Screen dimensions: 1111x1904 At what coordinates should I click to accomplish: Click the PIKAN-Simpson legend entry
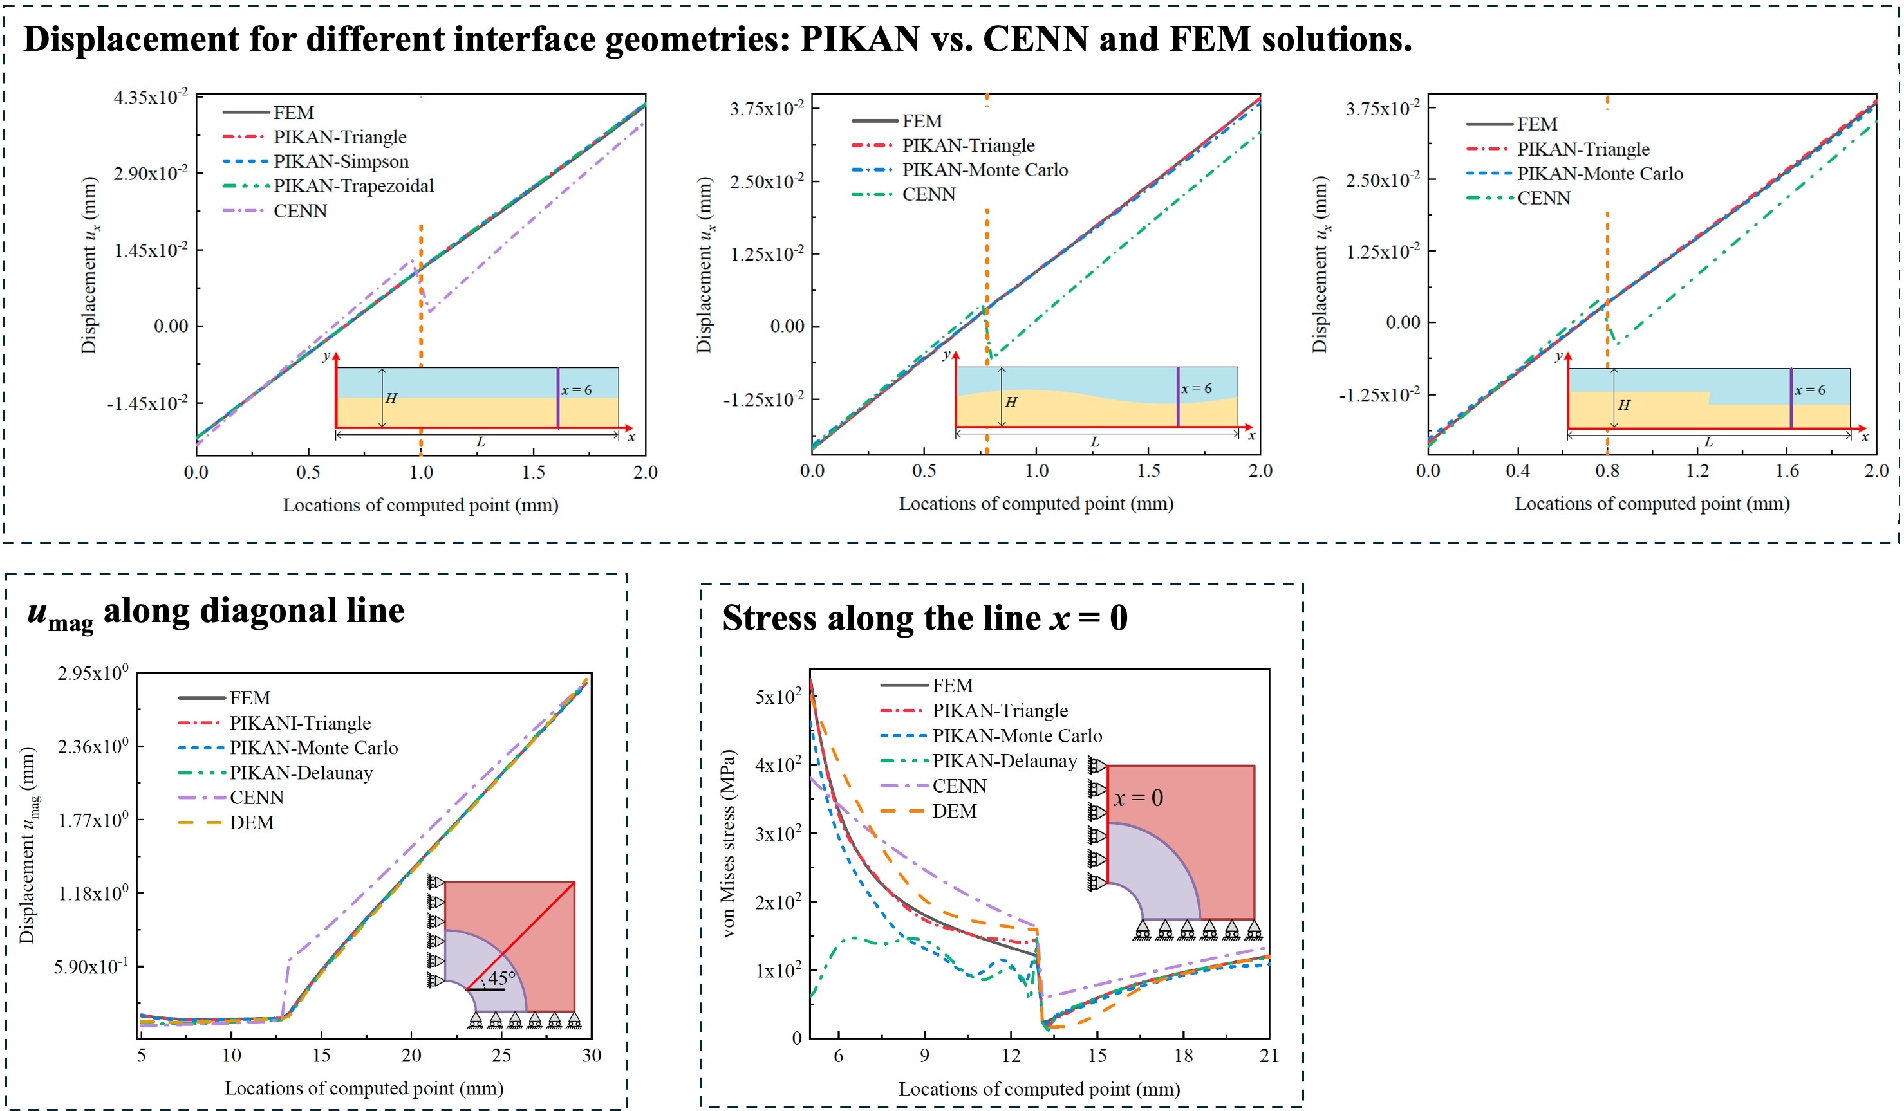(341, 161)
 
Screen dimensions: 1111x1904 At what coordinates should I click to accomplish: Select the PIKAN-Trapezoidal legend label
(353, 186)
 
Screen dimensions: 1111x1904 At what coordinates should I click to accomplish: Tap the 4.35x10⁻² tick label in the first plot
(151, 97)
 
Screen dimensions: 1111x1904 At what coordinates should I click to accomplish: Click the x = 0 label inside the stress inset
(1138, 798)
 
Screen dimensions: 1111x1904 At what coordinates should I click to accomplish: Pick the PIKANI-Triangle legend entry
(300, 724)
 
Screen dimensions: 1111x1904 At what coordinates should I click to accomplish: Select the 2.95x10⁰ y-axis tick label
(93, 673)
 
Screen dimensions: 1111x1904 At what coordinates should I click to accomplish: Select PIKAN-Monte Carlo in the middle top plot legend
(984, 170)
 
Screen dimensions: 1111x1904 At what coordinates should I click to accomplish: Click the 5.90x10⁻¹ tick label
(91, 968)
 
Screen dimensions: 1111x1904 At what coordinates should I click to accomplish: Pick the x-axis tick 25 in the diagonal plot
(501, 1056)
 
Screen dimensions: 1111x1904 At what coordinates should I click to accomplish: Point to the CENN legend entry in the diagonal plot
(257, 798)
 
